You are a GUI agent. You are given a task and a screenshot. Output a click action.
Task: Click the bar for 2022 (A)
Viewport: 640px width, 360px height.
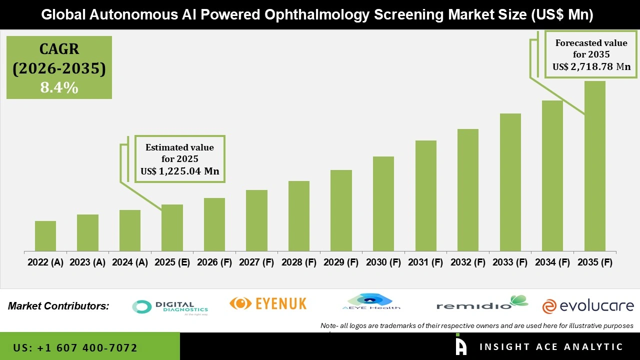45,236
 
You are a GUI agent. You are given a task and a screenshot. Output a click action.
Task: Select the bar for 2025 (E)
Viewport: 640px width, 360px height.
172,227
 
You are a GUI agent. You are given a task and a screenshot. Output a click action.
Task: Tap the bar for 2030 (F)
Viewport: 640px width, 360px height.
383,203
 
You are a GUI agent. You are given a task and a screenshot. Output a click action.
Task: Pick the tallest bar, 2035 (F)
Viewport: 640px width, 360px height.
594,166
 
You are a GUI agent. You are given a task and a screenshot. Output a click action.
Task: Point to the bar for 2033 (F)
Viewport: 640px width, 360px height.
510,182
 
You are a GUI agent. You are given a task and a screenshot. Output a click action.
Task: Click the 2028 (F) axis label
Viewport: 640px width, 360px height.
299,262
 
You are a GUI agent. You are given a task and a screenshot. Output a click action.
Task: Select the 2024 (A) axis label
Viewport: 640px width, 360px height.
130,262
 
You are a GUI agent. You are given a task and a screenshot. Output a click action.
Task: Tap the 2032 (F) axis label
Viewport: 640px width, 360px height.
468,262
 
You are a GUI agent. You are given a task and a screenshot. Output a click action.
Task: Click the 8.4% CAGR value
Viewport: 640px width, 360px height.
59,88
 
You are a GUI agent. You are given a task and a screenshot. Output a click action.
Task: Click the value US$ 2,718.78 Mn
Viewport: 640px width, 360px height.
591,66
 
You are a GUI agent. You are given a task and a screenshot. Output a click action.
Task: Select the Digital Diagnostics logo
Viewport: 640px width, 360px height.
170,307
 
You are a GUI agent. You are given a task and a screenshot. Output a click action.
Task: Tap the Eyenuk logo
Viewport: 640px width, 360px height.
268,303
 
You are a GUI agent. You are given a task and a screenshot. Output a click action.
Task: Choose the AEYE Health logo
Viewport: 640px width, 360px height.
371,302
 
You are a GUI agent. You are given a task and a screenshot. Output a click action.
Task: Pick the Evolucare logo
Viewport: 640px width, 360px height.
588,306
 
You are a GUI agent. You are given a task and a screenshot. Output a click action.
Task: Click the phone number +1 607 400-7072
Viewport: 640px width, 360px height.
75,347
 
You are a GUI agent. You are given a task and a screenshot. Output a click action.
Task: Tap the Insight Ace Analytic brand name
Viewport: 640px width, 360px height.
551,347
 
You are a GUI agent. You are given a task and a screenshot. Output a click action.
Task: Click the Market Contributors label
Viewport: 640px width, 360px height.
58,306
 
